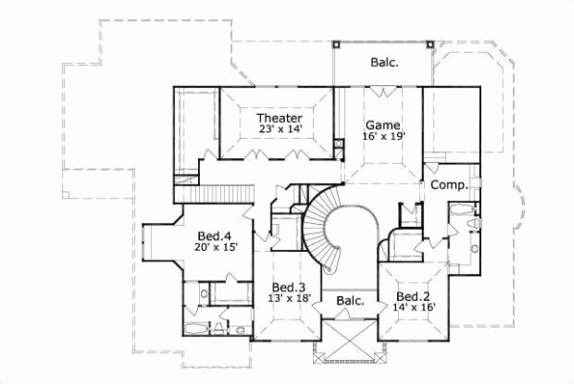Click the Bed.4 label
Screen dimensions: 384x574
(x=214, y=236)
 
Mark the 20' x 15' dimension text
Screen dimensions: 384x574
(x=214, y=247)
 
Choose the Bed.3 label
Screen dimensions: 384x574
(x=288, y=287)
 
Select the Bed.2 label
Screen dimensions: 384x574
(x=413, y=296)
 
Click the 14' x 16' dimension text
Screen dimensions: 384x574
(x=413, y=307)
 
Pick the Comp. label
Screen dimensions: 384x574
(x=447, y=184)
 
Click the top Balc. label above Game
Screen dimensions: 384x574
(x=386, y=63)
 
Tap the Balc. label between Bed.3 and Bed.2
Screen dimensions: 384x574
(x=351, y=301)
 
